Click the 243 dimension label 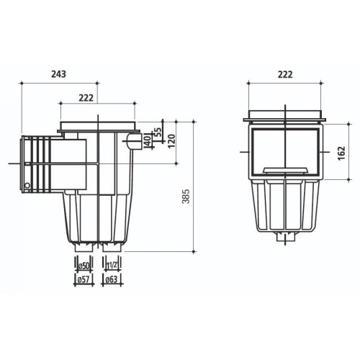[x=58, y=74]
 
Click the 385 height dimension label [x=186, y=197]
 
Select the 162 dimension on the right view [x=341, y=153]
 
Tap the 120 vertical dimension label [x=172, y=140]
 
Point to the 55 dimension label [x=158, y=132]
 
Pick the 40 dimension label [x=148, y=140]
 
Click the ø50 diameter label [x=84, y=266]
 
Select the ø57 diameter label [x=84, y=279]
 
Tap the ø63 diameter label [x=112, y=279]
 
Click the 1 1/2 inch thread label [x=112, y=266]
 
